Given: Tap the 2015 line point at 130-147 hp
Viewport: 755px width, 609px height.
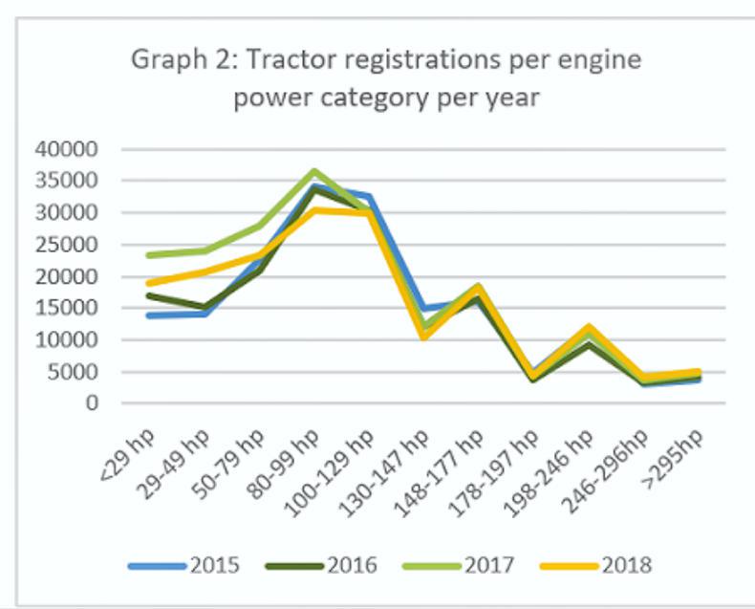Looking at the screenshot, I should pos(424,309).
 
